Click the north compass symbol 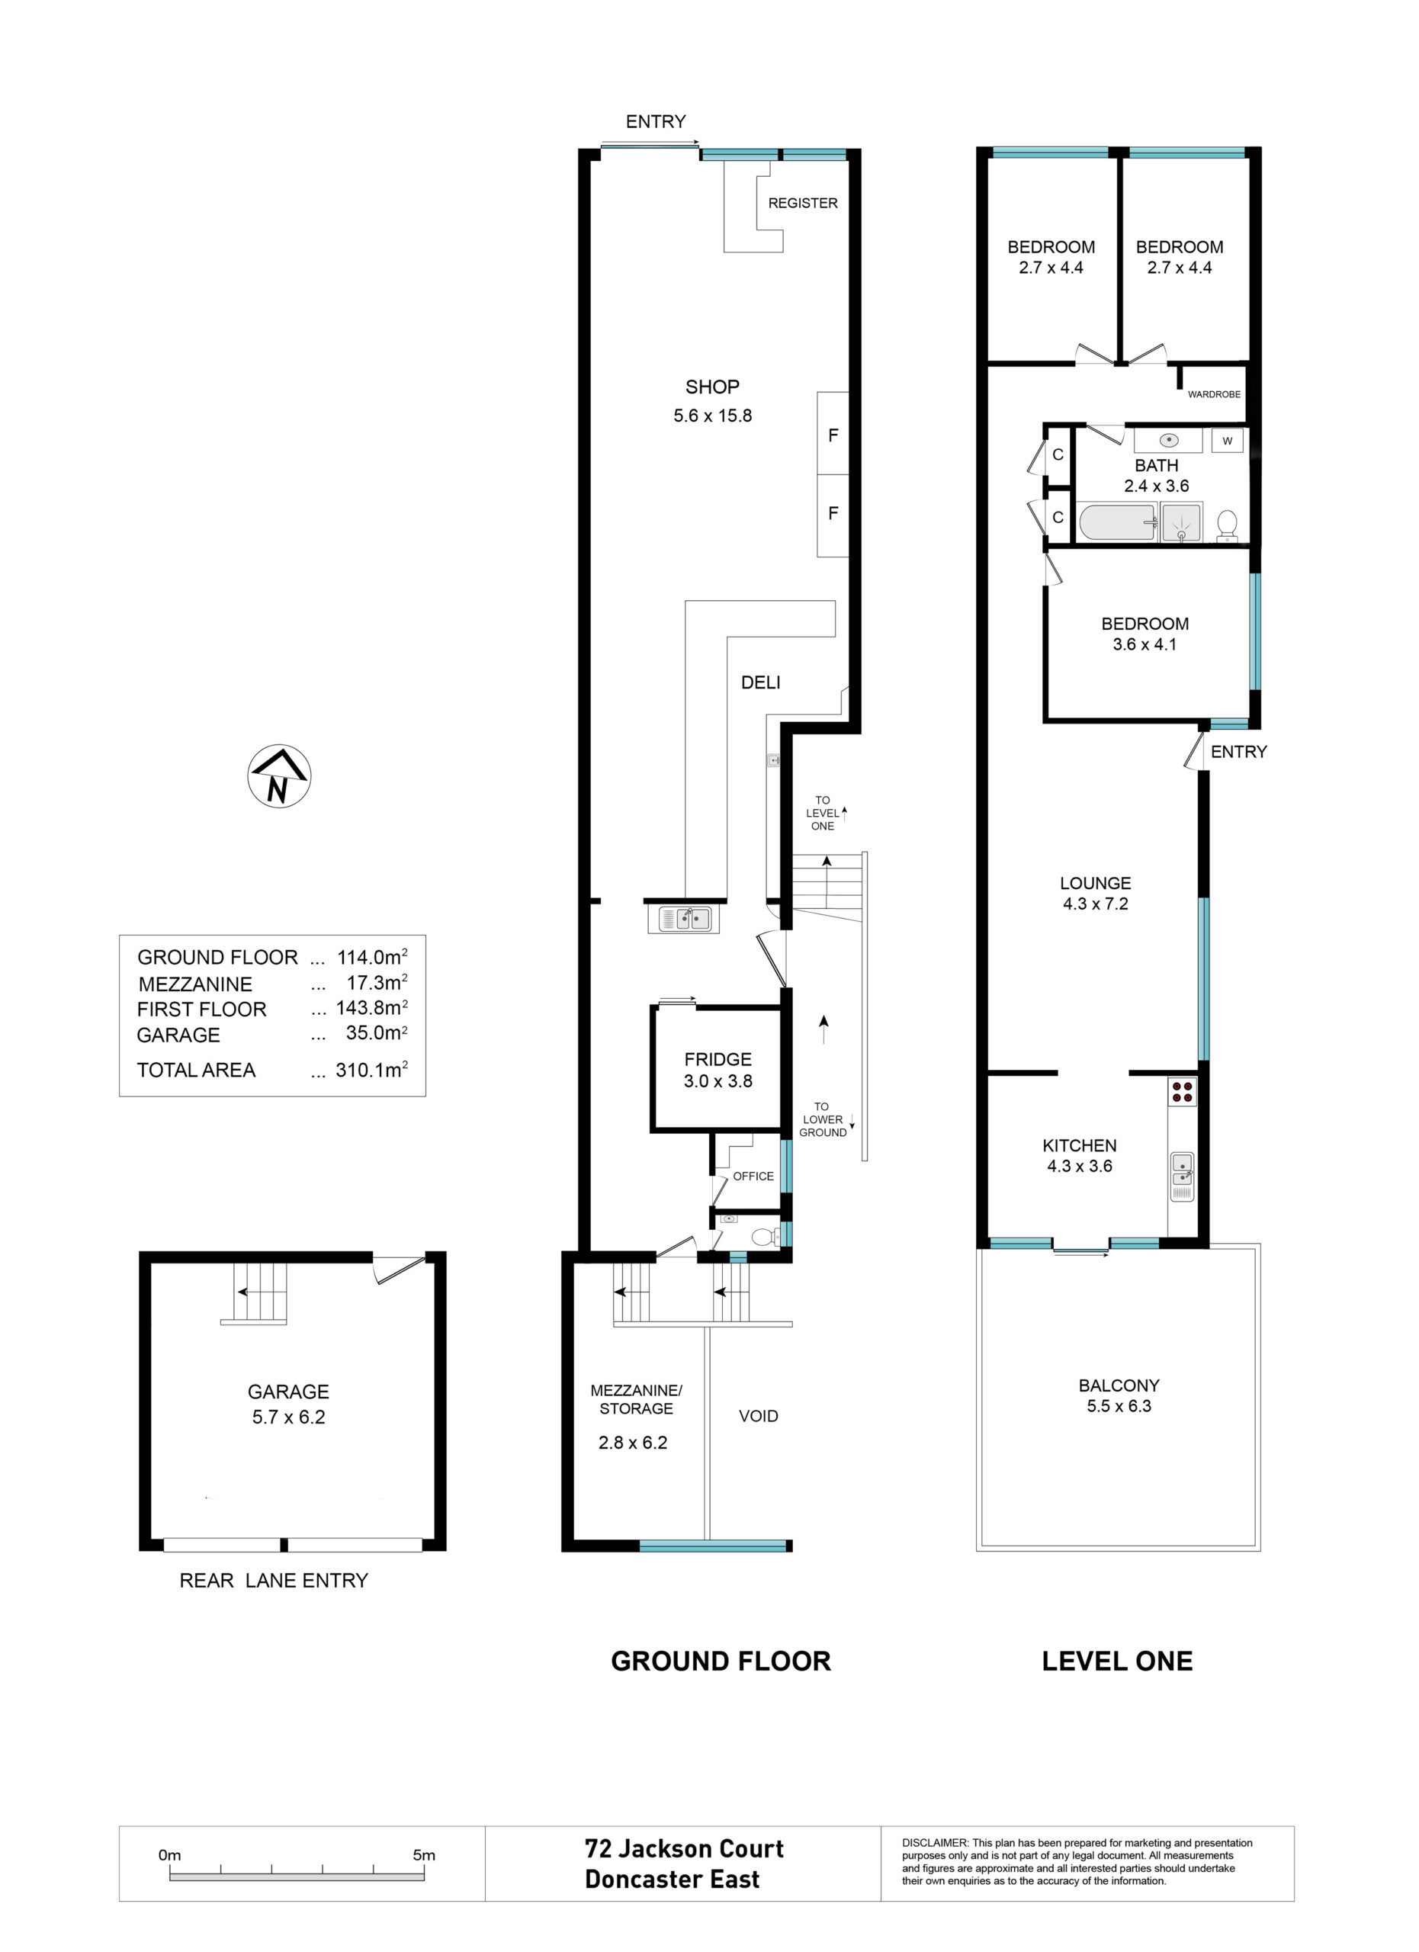point(280,776)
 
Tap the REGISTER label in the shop point(803,203)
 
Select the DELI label point(761,682)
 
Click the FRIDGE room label point(718,1059)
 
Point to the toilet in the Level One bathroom point(1227,525)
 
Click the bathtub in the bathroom point(1118,522)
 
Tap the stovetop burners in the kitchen point(1182,1091)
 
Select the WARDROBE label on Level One point(1214,394)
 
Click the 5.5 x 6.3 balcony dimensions point(1119,1406)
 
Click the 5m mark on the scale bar point(424,1854)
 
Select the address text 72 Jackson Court point(684,1849)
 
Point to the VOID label point(758,1416)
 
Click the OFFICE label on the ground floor point(753,1177)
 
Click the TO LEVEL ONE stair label point(823,813)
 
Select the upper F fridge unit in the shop point(833,434)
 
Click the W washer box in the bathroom point(1227,441)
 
